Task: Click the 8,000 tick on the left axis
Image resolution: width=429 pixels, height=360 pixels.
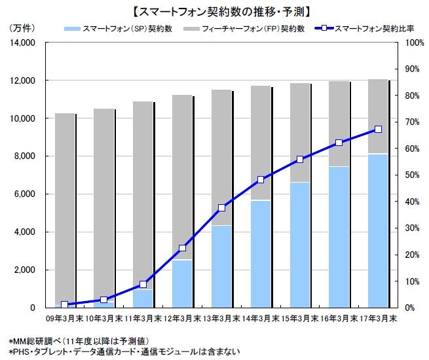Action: (24, 156)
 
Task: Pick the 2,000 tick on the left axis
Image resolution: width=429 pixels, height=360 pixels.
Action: (24, 270)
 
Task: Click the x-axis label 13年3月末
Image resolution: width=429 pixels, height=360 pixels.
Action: (221, 319)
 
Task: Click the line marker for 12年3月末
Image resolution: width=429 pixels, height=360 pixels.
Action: (182, 248)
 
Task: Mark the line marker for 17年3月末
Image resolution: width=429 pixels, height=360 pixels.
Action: (378, 130)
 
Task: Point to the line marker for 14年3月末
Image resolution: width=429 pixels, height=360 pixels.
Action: (261, 179)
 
